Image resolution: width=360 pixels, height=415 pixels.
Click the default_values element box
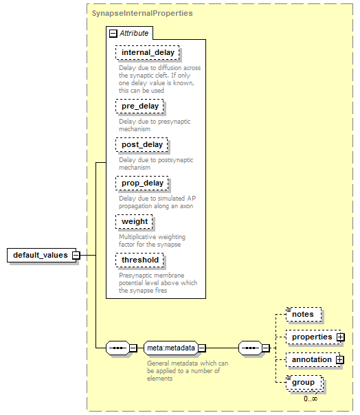(x=41, y=255)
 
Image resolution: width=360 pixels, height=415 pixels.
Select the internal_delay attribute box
(x=148, y=52)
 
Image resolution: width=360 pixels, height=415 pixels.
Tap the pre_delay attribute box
(x=139, y=106)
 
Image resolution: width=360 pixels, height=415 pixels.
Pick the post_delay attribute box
(x=142, y=144)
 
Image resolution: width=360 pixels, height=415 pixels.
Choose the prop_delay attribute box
(x=142, y=183)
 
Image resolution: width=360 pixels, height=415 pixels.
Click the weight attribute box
(x=134, y=221)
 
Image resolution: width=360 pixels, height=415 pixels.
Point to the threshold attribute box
(x=139, y=260)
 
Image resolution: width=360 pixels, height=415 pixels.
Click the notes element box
(x=304, y=315)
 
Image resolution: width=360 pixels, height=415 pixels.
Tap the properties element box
(x=313, y=337)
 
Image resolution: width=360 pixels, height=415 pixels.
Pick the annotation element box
(x=313, y=359)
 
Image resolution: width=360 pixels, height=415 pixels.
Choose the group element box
(x=304, y=383)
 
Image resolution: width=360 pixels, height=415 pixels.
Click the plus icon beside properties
(x=341, y=337)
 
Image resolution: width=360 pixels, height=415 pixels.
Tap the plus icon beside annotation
(x=340, y=359)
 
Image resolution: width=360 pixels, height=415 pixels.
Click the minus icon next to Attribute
(x=113, y=34)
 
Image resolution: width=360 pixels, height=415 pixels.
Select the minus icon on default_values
(x=76, y=256)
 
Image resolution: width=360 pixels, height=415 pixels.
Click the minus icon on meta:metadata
(x=202, y=348)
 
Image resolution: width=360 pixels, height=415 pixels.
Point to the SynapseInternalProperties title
(x=142, y=13)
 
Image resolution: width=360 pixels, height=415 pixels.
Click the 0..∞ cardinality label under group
(x=311, y=399)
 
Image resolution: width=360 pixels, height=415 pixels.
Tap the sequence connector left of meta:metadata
(x=118, y=348)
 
